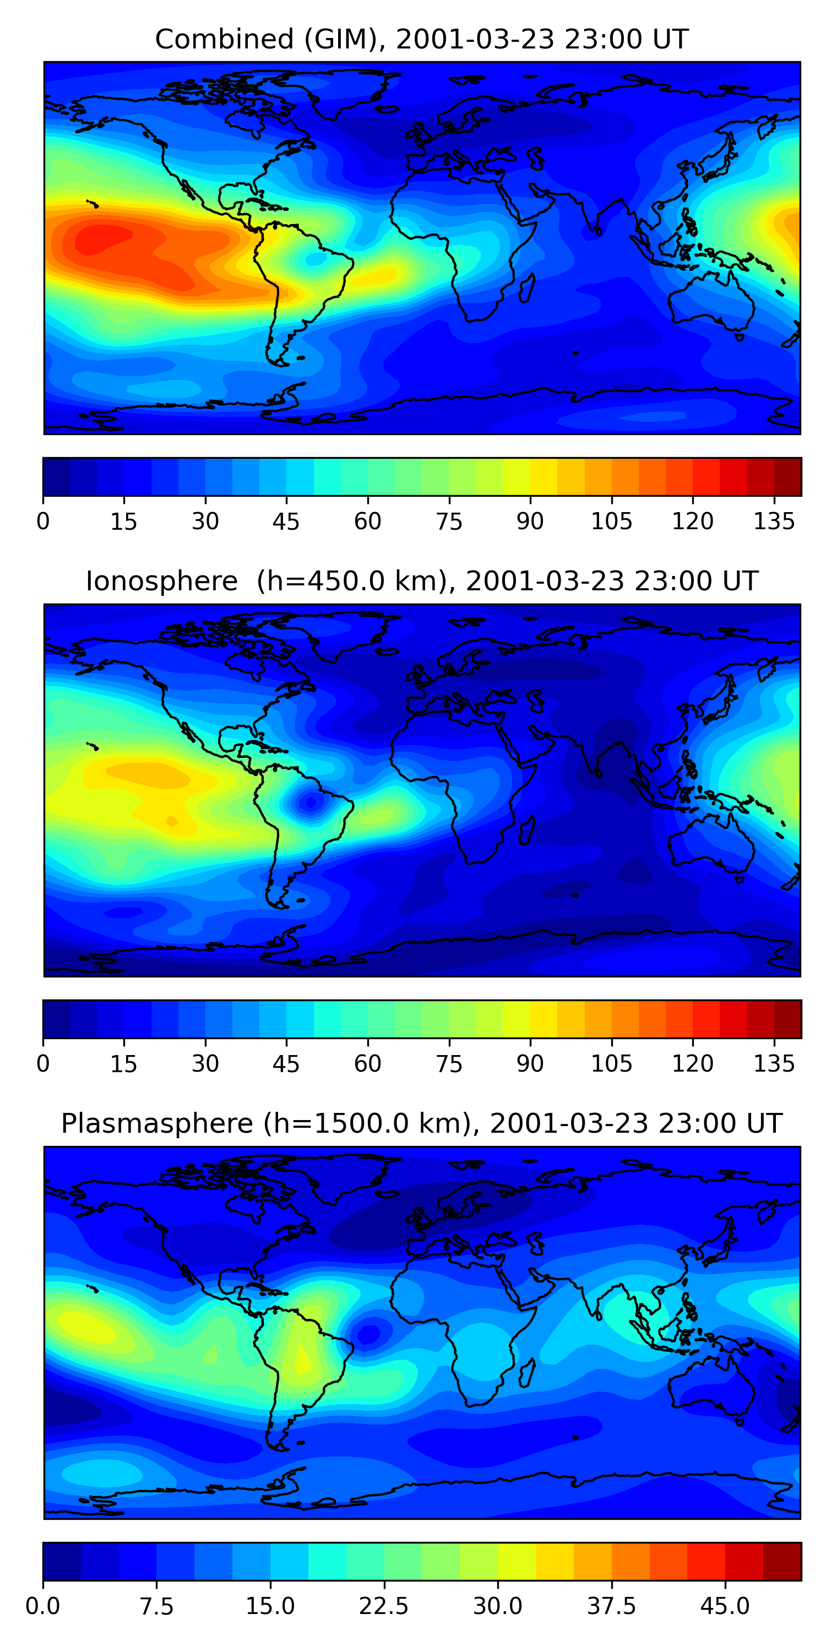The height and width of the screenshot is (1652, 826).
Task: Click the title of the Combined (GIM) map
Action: (x=421, y=39)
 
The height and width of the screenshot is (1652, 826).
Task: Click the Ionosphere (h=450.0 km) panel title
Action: (x=421, y=581)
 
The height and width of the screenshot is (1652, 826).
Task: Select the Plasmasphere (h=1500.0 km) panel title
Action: (x=421, y=1123)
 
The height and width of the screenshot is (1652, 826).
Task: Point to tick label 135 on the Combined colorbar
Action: (x=774, y=521)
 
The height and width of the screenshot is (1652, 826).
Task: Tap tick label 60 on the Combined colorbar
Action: (x=367, y=521)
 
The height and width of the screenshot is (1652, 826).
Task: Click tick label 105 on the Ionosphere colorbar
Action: (x=611, y=1064)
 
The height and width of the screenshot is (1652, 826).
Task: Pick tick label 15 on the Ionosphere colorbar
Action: (x=124, y=1064)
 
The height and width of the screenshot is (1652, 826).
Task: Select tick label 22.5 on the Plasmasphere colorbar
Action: (x=383, y=1606)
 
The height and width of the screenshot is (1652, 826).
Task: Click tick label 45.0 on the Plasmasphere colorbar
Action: (x=725, y=1606)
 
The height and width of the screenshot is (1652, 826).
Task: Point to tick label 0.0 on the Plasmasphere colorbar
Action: (x=43, y=1606)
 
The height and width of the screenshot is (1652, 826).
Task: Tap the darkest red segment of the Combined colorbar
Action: (x=787, y=476)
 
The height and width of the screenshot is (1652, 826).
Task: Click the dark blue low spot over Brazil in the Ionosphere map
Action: (x=311, y=802)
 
